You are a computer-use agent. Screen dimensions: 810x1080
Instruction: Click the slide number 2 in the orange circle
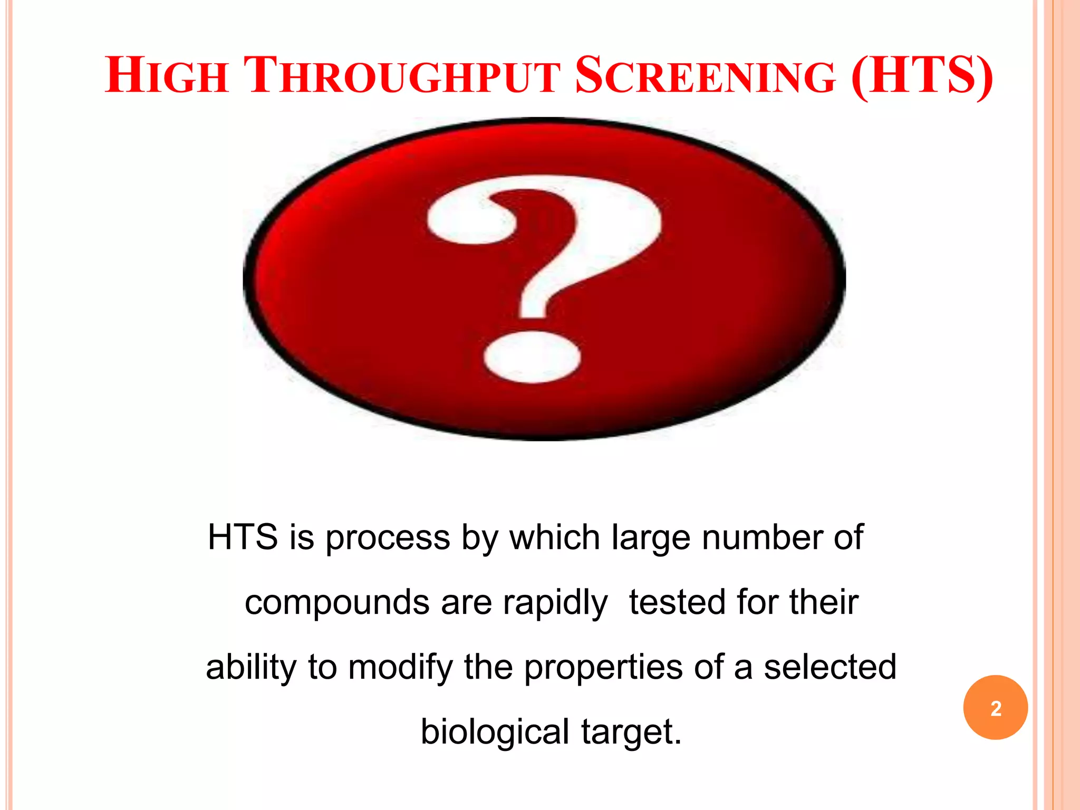click(x=996, y=708)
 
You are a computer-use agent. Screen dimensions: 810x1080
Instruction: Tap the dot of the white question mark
click(x=533, y=356)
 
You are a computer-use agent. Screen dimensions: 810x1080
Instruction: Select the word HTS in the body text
click(x=243, y=537)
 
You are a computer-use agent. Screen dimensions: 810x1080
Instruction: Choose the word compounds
click(x=337, y=603)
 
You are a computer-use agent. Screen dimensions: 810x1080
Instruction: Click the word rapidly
click(x=555, y=603)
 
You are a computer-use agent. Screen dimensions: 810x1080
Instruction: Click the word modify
click(x=400, y=668)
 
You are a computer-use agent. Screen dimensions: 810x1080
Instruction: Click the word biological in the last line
click(x=495, y=733)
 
